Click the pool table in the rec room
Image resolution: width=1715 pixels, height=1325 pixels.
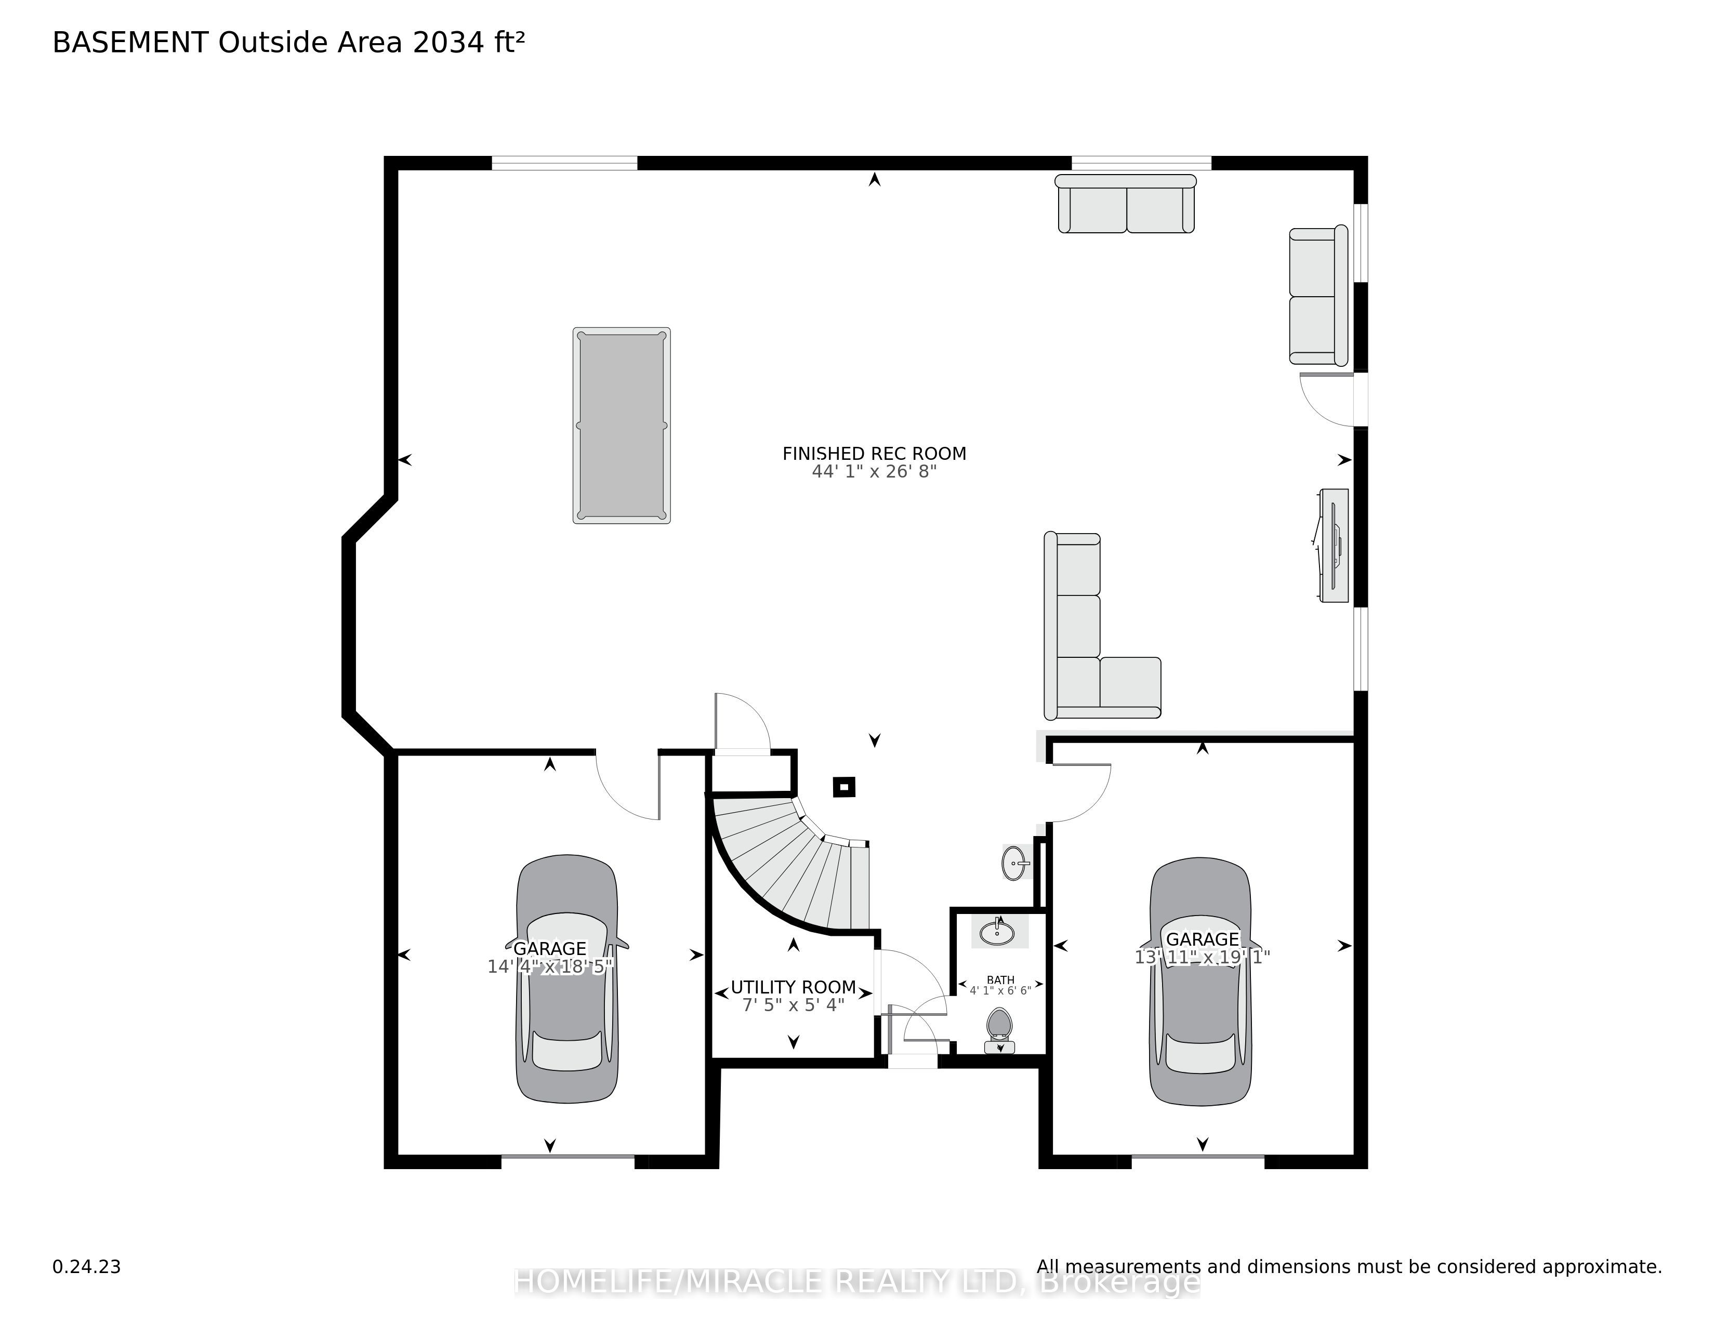(621, 426)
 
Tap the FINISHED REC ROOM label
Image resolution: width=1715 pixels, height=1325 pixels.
(874, 454)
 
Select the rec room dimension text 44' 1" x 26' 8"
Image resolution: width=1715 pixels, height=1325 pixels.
(874, 472)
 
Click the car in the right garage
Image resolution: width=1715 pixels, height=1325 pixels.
(1200, 981)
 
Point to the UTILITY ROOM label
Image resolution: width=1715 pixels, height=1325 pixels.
(793, 987)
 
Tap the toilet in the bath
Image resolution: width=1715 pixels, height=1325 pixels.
(999, 1031)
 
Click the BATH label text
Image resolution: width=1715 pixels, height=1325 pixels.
(1000, 979)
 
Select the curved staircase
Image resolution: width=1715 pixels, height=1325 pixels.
(793, 864)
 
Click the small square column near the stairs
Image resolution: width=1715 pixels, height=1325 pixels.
(844, 787)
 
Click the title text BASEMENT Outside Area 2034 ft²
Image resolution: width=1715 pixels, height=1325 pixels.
(288, 43)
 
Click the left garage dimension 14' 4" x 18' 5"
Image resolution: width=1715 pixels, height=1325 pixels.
(550, 966)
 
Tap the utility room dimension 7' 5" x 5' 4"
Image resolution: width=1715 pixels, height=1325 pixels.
(793, 1005)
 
